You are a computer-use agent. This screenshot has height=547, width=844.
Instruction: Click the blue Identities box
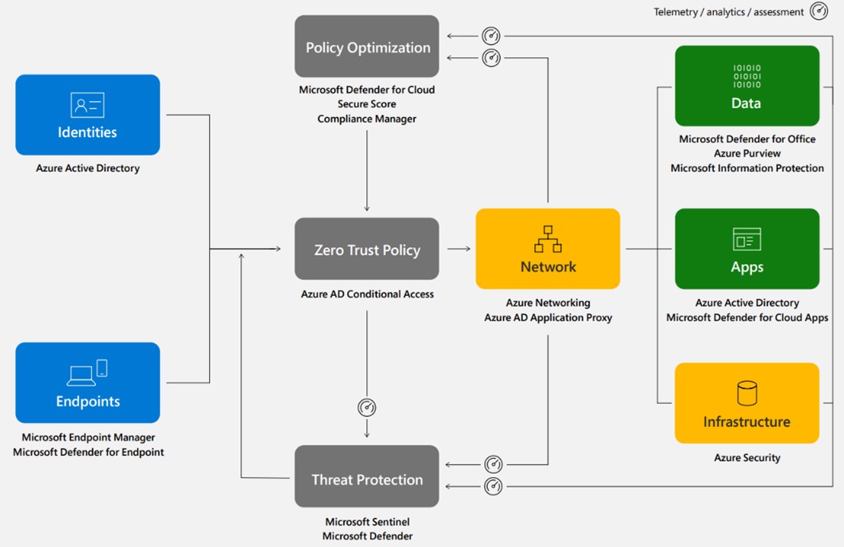point(87,115)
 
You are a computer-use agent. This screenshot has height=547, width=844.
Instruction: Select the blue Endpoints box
point(87,383)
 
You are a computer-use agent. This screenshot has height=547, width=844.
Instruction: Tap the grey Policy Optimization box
point(367,47)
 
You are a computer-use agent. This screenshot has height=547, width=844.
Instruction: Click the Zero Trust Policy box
point(367,249)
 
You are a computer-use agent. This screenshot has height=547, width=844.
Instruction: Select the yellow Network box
point(548,249)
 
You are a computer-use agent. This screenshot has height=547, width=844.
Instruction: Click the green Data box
point(747,86)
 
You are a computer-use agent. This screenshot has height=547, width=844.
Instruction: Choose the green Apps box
point(747,249)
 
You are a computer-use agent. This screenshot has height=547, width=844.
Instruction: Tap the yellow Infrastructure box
point(747,403)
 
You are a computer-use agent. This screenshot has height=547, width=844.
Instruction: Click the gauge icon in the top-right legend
point(819,11)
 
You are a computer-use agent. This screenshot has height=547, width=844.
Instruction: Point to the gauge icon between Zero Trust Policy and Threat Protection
point(367,408)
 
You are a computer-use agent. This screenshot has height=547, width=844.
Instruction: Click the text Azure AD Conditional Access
point(367,295)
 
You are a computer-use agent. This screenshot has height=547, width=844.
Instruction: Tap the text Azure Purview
point(747,154)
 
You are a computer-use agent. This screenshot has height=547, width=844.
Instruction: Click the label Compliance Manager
point(367,119)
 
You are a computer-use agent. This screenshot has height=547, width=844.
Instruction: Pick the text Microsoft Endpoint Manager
point(88,438)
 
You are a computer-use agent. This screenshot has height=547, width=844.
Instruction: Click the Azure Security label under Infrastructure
point(747,457)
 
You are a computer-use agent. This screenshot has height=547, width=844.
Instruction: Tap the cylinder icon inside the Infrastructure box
point(747,393)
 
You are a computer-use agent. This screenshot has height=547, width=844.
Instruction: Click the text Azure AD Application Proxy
point(548,317)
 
